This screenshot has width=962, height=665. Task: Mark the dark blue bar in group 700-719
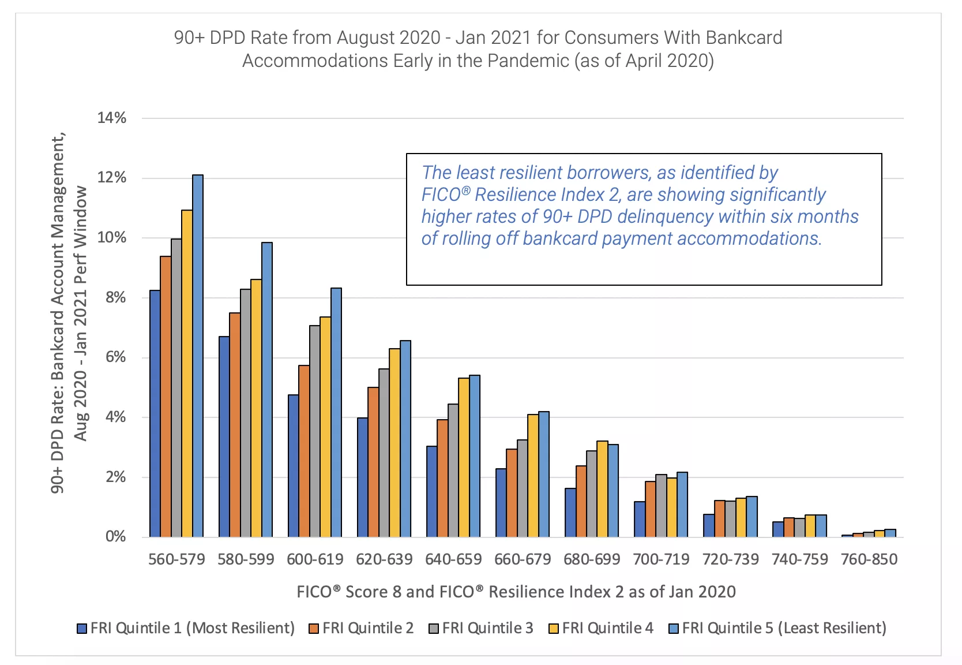[639, 519]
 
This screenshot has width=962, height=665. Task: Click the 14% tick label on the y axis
[112, 118]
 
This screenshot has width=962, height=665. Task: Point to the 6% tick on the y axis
[115, 357]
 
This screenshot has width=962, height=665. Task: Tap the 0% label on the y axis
[115, 537]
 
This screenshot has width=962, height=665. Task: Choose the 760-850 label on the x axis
[869, 559]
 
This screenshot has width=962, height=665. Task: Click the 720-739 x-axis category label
[730, 559]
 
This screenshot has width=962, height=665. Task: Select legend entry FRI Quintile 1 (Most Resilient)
[186, 628]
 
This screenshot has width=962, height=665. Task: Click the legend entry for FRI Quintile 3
[481, 628]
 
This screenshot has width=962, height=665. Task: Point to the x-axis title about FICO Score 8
[516, 592]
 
